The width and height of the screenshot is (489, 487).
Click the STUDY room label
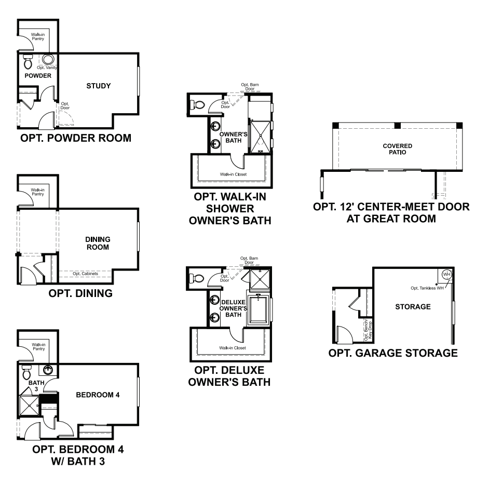[99, 86]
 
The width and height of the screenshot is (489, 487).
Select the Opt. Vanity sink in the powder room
[48, 59]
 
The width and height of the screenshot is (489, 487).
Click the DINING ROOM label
[98, 243]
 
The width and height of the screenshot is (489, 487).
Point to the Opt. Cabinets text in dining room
[84, 274]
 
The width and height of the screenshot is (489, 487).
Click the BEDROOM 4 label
[98, 395]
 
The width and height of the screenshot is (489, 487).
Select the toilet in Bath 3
[27, 372]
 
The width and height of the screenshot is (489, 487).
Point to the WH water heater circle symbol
[446, 274]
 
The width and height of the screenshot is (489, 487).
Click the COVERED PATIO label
[397, 150]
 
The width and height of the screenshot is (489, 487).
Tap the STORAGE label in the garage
[413, 307]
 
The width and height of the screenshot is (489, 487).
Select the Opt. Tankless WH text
[427, 288]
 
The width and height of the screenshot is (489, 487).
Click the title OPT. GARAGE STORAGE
[393, 354]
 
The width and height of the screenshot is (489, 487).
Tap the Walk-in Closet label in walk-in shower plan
[233, 174]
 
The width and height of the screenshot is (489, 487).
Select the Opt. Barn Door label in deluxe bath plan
[247, 261]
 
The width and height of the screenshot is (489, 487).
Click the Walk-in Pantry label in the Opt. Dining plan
[37, 192]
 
